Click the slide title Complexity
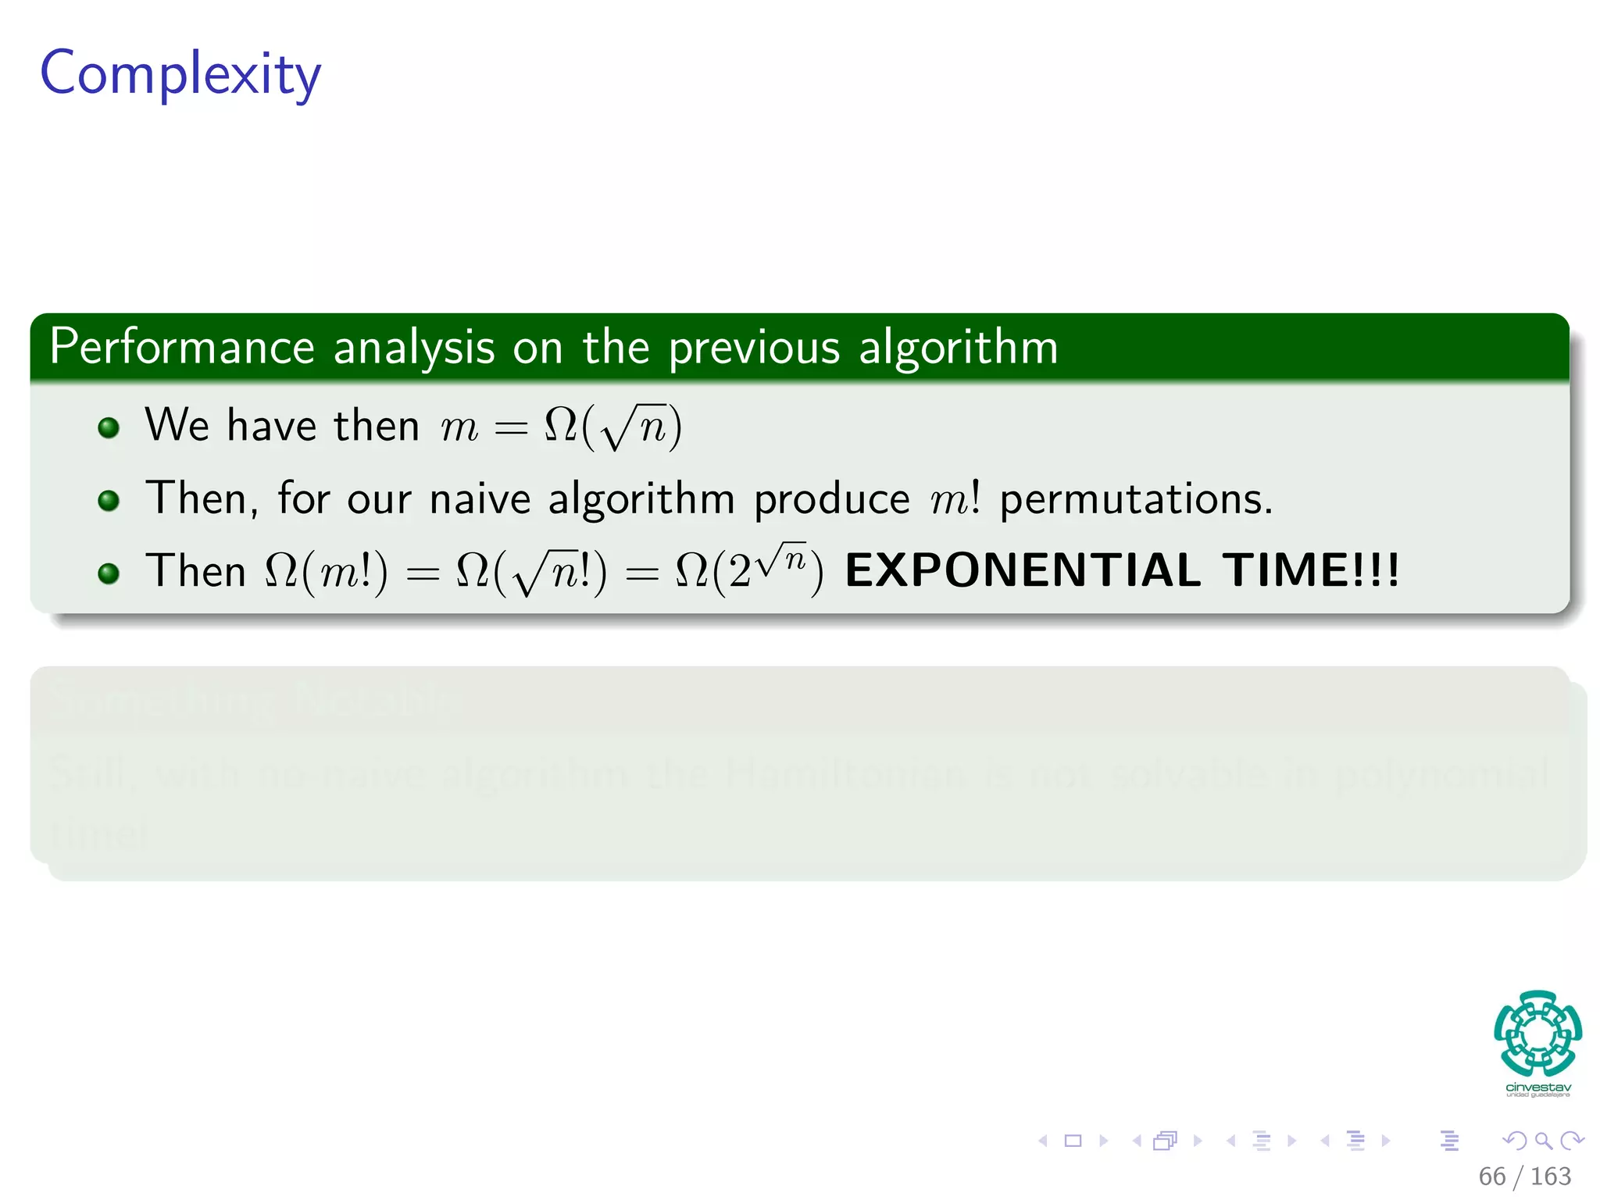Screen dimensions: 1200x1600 coord(180,74)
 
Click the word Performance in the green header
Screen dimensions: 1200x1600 coord(181,347)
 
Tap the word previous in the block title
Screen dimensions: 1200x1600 coord(753,347)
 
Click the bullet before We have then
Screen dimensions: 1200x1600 coord(109,427)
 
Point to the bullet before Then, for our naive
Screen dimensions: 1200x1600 coord(109,501)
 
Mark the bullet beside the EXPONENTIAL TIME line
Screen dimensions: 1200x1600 coord(109,574)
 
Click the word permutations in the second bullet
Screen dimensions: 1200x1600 coord(1135,500)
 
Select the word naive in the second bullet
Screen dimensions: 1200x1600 coord(480,498)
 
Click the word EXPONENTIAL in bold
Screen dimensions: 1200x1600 coord(1023,570)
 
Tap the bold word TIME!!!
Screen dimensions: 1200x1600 coord(1311,570)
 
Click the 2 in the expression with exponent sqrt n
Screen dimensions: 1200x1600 coord(739,572)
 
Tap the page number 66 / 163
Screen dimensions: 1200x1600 coord(1524,1176)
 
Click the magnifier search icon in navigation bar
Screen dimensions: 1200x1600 coord(1543,1141)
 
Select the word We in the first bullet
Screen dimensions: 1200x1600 coord(177,426)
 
